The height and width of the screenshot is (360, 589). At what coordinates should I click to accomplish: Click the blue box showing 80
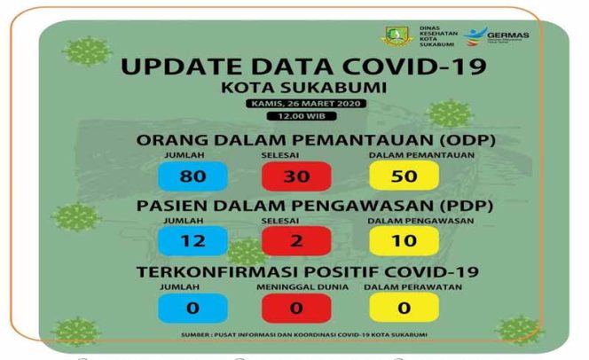coord(192,175)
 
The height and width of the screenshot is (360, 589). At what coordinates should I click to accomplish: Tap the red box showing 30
coord(297,175)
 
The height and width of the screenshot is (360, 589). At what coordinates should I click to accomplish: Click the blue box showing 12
coord(192,240)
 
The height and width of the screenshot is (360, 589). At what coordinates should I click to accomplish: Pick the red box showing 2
coord(297,240)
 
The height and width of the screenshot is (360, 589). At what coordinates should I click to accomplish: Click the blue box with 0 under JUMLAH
coord(192,307)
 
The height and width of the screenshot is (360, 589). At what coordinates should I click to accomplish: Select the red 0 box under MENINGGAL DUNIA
coord(297,307)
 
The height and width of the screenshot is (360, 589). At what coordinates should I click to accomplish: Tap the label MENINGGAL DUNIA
coord(297,288)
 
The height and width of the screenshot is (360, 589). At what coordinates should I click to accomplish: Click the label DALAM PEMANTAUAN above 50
coord(406,156)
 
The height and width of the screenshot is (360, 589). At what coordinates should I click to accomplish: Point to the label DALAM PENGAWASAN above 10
coord(406,222)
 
